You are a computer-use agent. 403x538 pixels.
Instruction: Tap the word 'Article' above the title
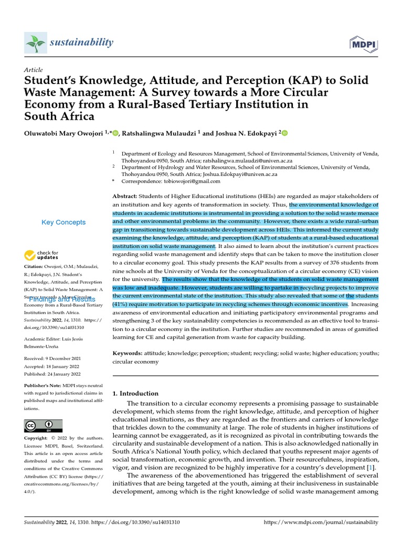[33, 70]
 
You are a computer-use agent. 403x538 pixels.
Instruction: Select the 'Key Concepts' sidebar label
[63, 222]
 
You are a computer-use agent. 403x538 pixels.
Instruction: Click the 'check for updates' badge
[41, 255]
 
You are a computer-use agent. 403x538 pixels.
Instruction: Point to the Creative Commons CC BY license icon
[43, 426]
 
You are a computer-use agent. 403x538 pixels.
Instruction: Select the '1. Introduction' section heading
[135, 393]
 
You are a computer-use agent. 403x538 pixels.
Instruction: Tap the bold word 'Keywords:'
[129, 353]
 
